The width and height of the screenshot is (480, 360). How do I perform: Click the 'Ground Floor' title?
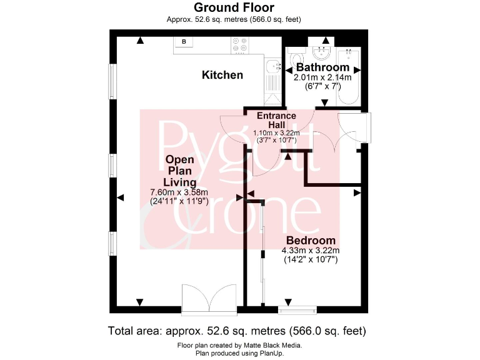click(x=234, y=7)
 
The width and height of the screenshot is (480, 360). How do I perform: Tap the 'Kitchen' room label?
click(x=222, y=75)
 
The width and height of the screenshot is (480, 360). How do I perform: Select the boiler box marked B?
click(x=184, y=42)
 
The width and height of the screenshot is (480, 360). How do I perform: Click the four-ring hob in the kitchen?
click(x=239, y=45)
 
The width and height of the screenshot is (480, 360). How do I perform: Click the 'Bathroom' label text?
click(x=322, y=67)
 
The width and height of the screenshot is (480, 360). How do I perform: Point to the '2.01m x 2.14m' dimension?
click(x=322, y=77)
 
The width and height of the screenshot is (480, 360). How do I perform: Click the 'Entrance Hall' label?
click(x=277, y=120)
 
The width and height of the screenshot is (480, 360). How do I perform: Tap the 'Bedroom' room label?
click(x=311, y=241)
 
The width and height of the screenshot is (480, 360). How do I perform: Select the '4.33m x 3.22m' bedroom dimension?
click(x=311, y=251)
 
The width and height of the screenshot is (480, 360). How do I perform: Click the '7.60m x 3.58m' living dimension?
click(x=179, y=192)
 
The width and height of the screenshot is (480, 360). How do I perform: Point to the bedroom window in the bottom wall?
click(x=297, y=309)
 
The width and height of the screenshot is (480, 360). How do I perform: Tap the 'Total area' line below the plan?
click(x=237, y=331)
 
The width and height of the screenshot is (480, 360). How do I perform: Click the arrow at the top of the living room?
click(x=141, y=41)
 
